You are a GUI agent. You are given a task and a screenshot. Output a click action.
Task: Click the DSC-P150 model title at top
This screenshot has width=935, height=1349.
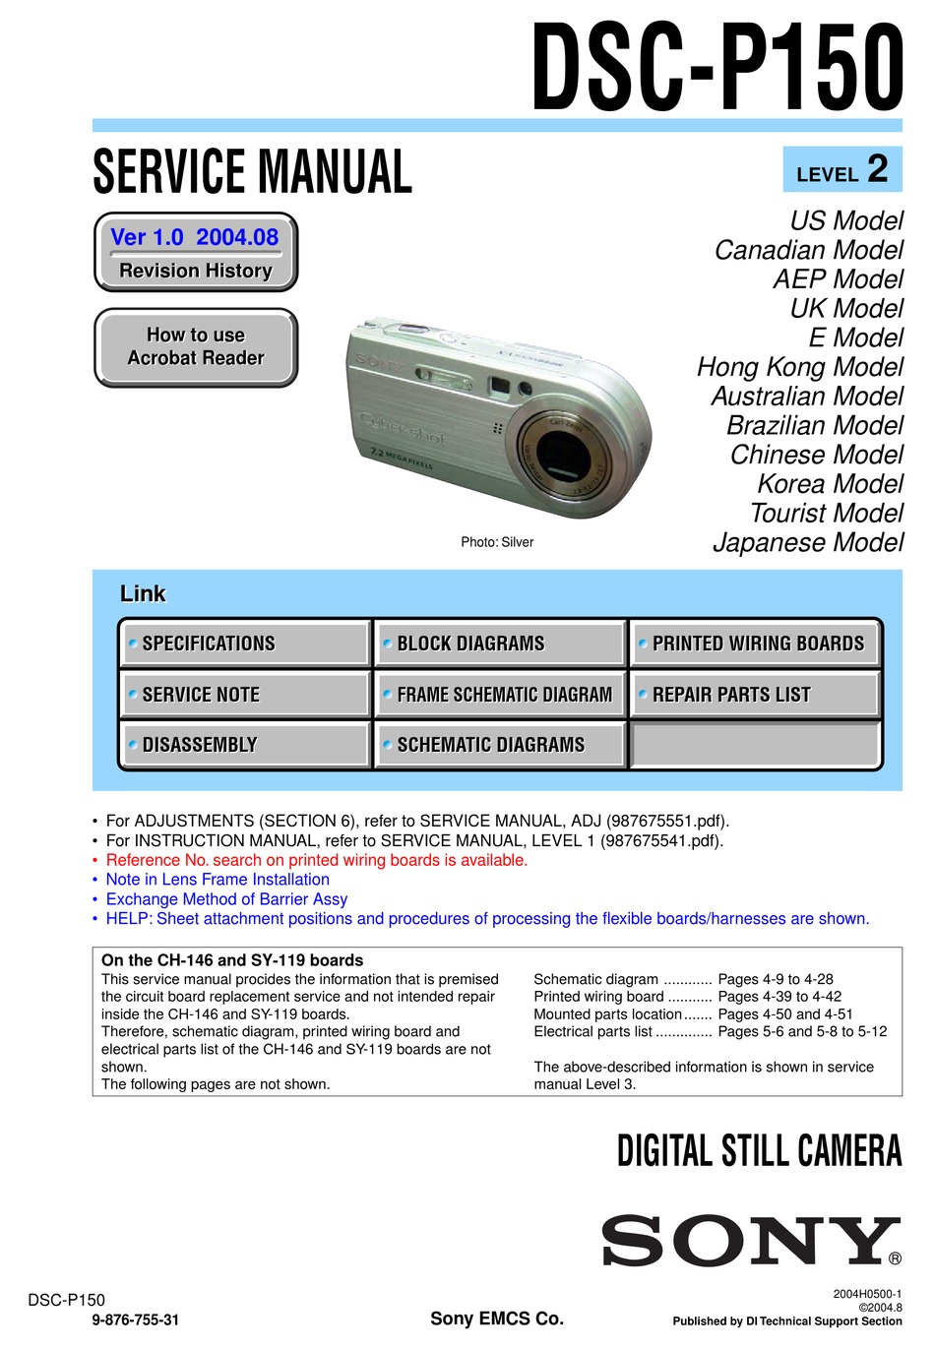(717, 69)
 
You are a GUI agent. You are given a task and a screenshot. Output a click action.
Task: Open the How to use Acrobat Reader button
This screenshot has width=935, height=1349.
(196, 347)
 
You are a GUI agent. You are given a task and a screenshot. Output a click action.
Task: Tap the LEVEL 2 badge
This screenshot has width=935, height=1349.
(841, 170)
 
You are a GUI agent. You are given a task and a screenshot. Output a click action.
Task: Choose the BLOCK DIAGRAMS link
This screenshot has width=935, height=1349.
(499, 644)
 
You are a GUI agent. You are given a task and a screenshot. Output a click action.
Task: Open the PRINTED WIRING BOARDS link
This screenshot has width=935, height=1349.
(755, 644)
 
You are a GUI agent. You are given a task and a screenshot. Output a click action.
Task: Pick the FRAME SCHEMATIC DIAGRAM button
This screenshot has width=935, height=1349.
(499, 695)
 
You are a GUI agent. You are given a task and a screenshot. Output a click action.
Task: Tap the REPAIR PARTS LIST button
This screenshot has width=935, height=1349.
(755, 695)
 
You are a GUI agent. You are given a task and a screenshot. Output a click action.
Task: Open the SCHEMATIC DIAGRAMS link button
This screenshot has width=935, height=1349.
(499, 745)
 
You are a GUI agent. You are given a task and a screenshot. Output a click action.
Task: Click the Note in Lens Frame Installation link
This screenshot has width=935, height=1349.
(218, 880)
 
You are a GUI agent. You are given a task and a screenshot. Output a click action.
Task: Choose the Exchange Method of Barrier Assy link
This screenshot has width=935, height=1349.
(226, 899)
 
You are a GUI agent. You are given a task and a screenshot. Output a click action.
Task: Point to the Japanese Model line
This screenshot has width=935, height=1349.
(807, 542)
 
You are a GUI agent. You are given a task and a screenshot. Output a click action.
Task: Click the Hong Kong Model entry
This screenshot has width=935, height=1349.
(799, 367)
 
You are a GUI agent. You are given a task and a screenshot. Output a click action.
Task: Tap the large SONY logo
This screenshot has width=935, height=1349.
(750, 1241)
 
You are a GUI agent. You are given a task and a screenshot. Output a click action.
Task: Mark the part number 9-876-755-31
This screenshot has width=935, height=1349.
(136, 1320)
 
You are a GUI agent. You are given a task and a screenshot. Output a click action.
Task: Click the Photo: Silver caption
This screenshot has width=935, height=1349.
(497, 542)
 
